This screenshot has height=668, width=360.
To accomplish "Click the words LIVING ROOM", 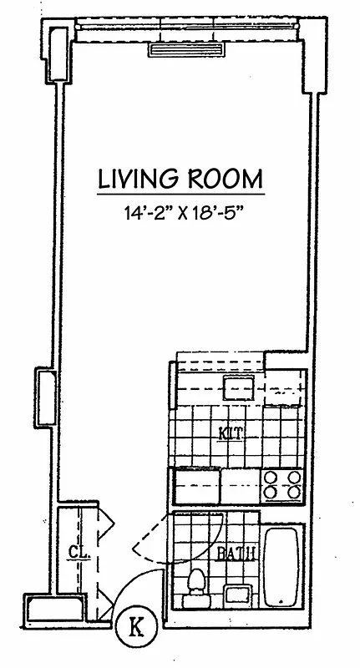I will (180, 178).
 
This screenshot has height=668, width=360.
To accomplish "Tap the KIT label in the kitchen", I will (231, 433).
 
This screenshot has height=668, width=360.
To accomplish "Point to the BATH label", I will (236, 553).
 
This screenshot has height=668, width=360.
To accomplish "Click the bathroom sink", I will (240, 595).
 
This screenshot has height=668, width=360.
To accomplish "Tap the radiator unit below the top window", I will (188, 50).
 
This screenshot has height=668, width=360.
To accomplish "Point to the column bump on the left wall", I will (43, 392).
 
